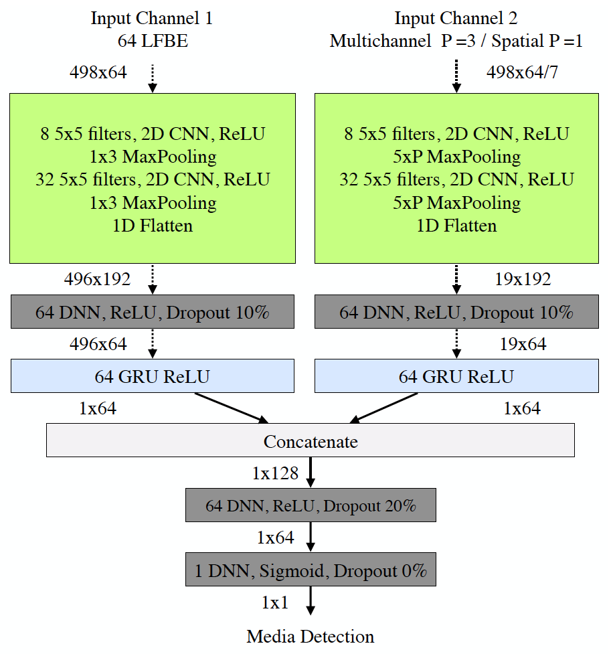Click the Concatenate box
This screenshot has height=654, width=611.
pyautogui.click(x=311, y=441)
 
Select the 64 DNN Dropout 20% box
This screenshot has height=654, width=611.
pyautogui.click(x=311, y=505)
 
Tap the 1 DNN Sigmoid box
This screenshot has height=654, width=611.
pyautogui.click(x=311, y=570)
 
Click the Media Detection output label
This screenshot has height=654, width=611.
pyautogui.click(x=311, y=636)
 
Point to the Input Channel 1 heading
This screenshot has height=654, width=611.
pyautogui.click(x=152, y=18)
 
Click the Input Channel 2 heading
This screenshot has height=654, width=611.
pyautogui.click(x=456, y=18)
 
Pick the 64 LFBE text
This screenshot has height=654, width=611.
pyautogui.click(x=152, y=42)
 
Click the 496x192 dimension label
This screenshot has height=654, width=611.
pyautogui.click(x=98, y=279)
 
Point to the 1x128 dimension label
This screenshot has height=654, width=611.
pyautogui.click(x=275, y=473)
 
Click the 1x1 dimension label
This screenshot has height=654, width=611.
pyautogui.click(x=275, y=602)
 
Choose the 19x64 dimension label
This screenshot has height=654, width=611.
pyautogui.click(x=523, y=344)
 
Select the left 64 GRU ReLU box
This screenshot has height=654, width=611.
pyautogui.click(x=153, y=376)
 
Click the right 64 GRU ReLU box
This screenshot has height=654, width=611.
pyautogui.click(x=456, y=376)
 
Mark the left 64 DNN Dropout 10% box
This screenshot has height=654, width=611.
pyautogui.click(x=153, y=312)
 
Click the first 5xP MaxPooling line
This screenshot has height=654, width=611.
pyautogui.click(x=456, y=157)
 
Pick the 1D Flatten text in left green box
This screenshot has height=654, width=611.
pyautogui.click(x=153, y=226)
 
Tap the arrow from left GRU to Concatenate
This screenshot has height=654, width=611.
pyautogui.click(x=231, y=407)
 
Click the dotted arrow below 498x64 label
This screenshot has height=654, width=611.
pyautogui.click(x=153, y=78)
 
